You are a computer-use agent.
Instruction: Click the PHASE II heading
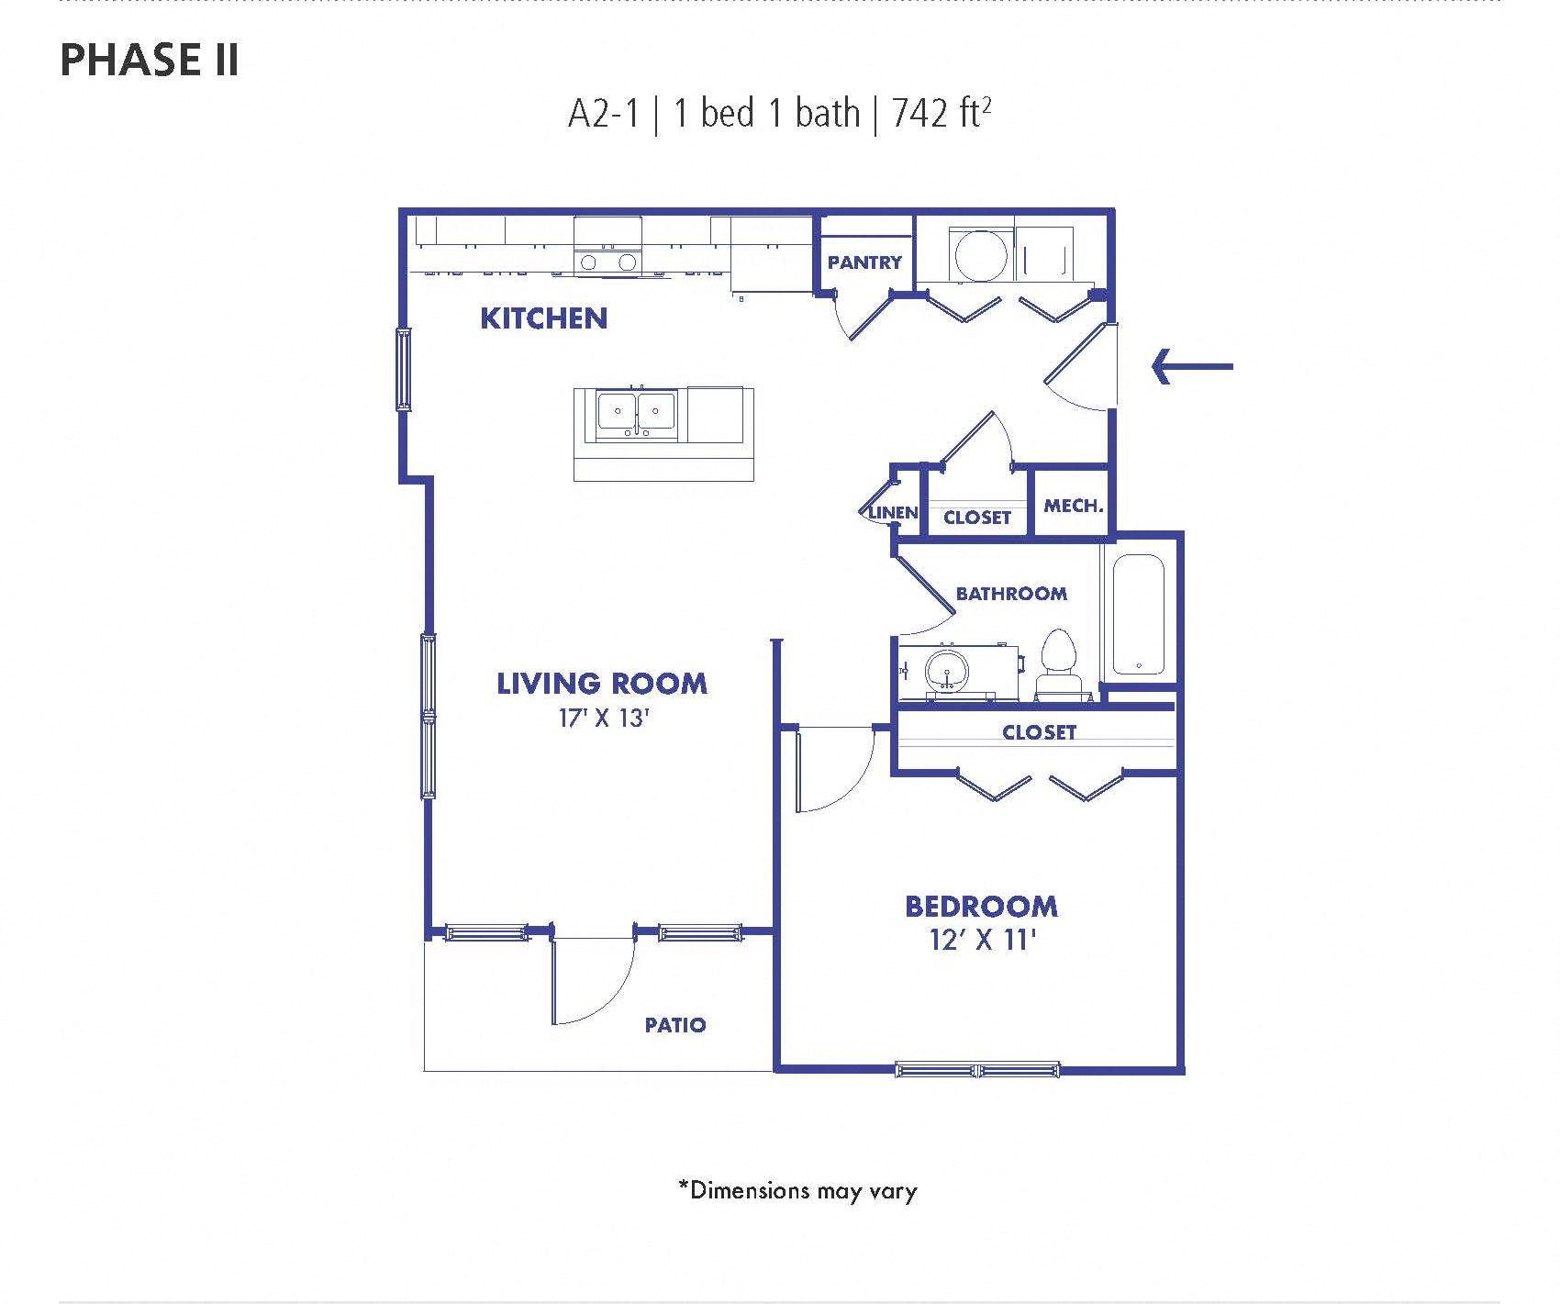[150, 60]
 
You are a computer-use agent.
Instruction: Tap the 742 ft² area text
[942, 114]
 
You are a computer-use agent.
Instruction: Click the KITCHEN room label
[543, 318]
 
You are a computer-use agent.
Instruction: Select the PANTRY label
[864, 262]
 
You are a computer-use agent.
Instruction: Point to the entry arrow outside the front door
[1192, 366]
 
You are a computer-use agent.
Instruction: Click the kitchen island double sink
[637, 415]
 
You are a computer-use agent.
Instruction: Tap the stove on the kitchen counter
[607, 246]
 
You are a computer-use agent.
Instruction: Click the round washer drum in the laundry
[981, 254]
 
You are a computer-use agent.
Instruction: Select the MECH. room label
[1074, 506]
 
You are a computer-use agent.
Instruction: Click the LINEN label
[893, 512]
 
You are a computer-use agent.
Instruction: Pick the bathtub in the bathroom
[1139, 615]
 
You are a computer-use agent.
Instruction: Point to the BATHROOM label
[1011, 594]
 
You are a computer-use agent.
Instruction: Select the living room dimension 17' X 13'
[604, 719]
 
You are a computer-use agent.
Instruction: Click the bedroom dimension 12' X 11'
[983, 941]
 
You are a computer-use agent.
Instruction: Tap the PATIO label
[675, 1025]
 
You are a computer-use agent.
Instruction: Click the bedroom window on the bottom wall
[977, 1069]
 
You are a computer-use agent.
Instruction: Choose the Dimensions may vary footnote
[797, 1191]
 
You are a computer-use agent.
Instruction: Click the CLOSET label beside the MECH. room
[977, 518]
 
